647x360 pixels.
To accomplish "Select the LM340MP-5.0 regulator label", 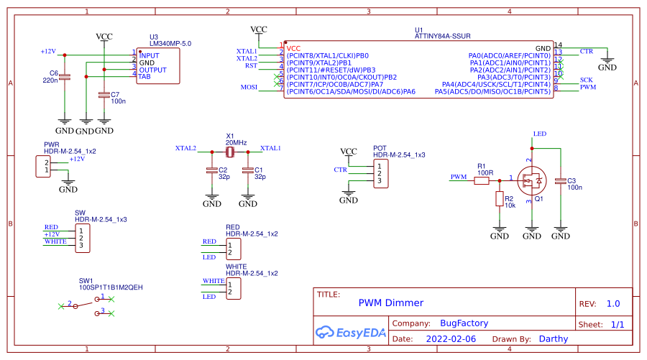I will click(170, 44).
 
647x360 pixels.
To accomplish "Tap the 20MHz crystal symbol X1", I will click(230, 152).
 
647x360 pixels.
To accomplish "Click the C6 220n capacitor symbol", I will click(64, 77).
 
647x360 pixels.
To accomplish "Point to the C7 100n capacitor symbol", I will click(104, 94).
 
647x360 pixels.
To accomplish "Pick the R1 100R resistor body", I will click(482, 180).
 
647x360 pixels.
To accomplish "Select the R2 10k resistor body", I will click(499, 199).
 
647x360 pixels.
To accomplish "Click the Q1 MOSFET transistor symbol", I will click(532, 180).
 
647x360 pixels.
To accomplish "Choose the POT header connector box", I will click(381, 173).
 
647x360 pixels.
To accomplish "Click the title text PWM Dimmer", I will click(390, 303).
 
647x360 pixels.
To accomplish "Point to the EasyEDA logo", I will click(350, 332).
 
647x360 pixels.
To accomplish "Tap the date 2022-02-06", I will click(451, 338).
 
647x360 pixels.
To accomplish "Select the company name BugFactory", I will click(464, 323).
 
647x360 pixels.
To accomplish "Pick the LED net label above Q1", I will click(540, 134).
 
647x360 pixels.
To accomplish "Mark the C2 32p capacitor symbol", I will click(211, 171).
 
